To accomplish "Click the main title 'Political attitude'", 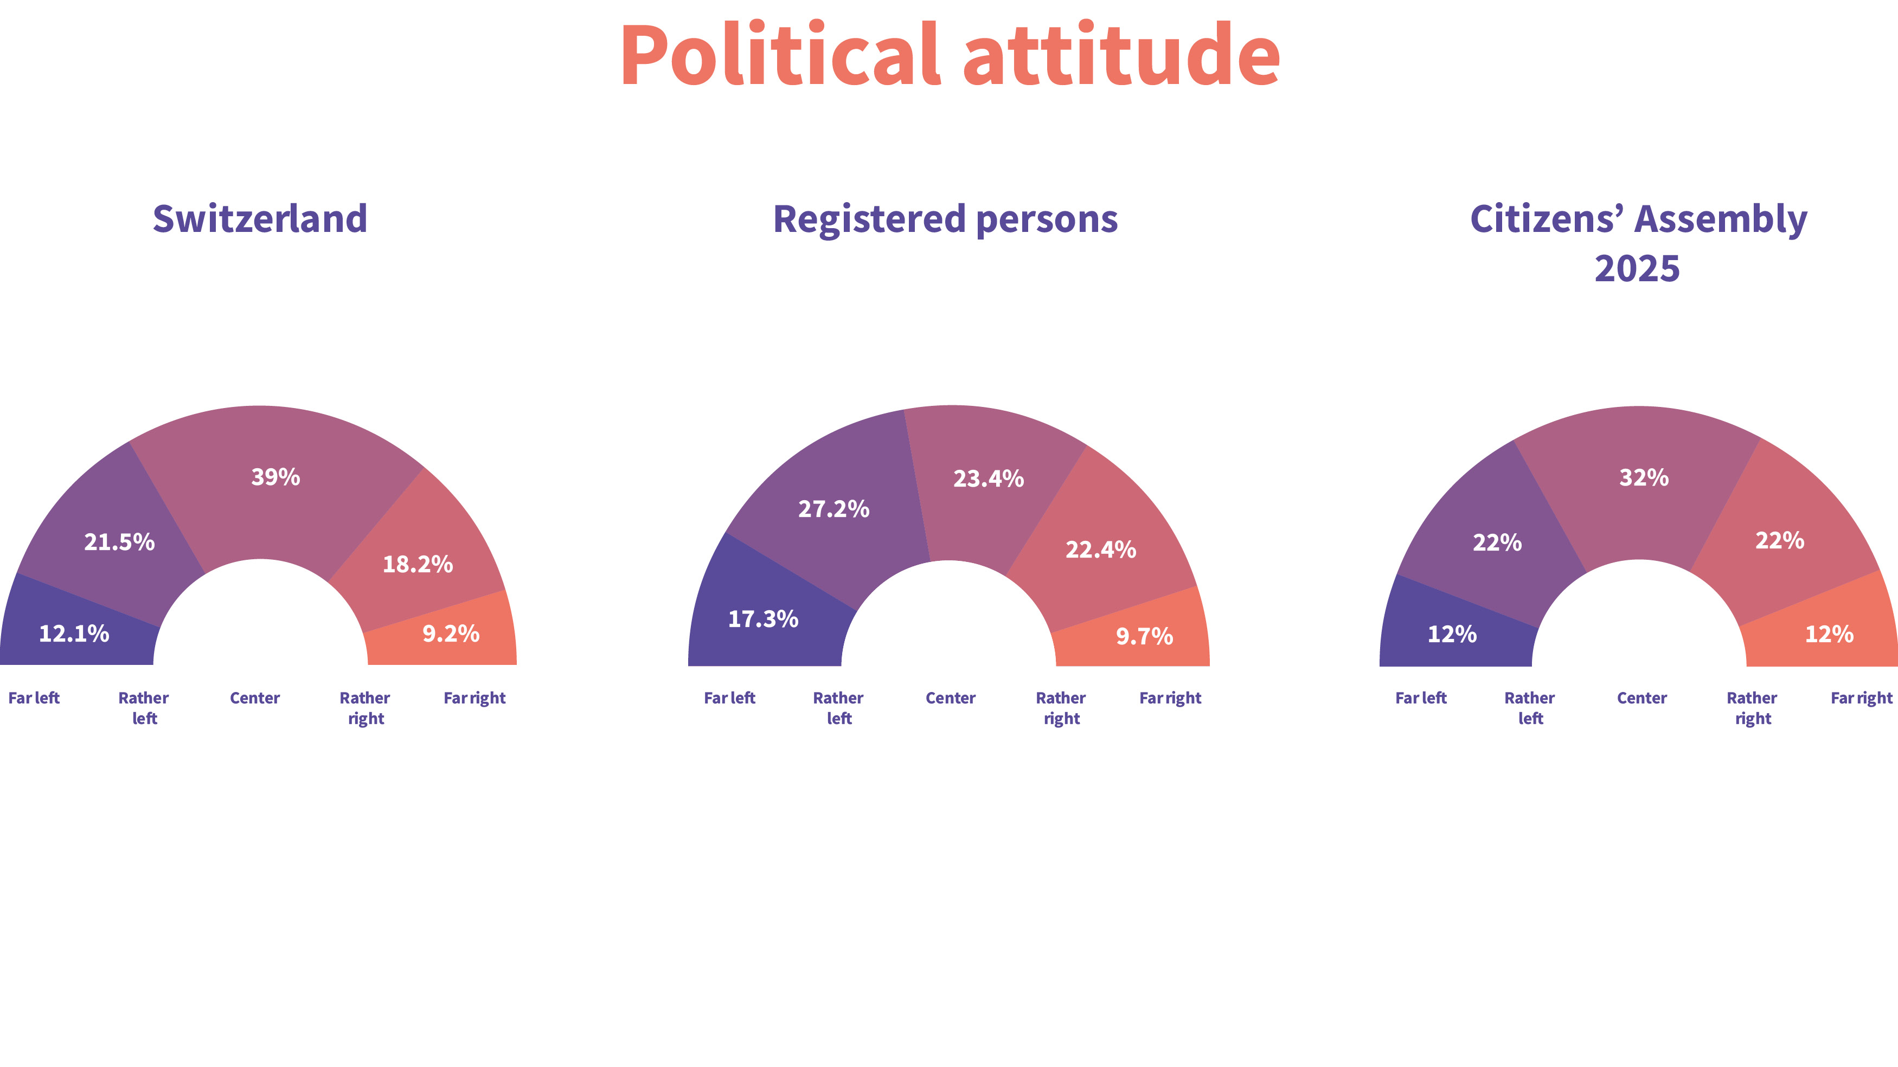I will coord(949,56).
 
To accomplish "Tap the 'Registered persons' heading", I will coord(945,219).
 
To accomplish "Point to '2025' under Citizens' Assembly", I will coord(1637,269).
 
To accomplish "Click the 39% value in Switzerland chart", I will coord(275,477).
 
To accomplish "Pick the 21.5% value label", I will coord(119,542).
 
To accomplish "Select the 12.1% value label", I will coord(74,633).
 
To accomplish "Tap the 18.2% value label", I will coord(417,564).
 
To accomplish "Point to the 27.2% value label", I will coord(833,509).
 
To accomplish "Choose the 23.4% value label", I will coord(988,478).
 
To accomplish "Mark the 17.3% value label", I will coord(762,618).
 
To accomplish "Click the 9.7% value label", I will coord(1144,636).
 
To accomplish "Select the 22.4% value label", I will coord(1101,549).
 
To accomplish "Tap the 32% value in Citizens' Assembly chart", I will coord(1644,477).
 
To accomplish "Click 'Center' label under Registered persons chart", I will coord(951,698).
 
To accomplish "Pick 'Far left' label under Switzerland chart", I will coord(34,698).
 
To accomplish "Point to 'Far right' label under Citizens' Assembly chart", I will coord(1861,698).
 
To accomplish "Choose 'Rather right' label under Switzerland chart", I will coord(366,708).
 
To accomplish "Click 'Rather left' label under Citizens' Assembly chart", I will coord(1530,708).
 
